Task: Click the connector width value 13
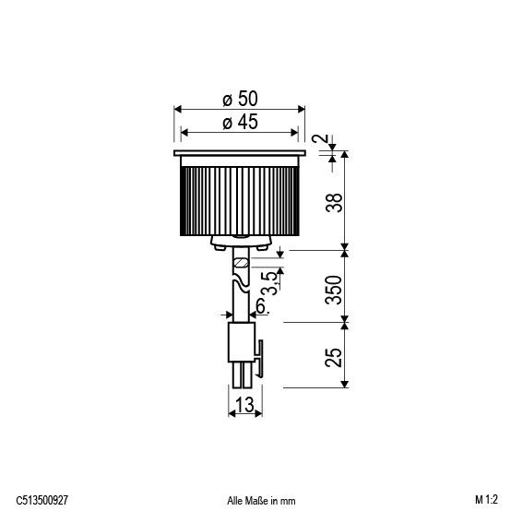pyautogui.click(x=244, y=404)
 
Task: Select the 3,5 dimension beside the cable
pyautogui.click(x=267, y=279)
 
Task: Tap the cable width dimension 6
pyautogui.click(x=261, y=305)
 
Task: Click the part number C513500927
pyautogui.click(x=42, y=500)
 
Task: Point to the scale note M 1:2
pyautogui.click(x=487, y=500)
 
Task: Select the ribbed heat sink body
pyautogui.click(x=240, y=198)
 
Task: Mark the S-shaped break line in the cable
pyautogui.click(x=241, y=293)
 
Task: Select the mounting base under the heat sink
pyautogui.click(x=240, y=243)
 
